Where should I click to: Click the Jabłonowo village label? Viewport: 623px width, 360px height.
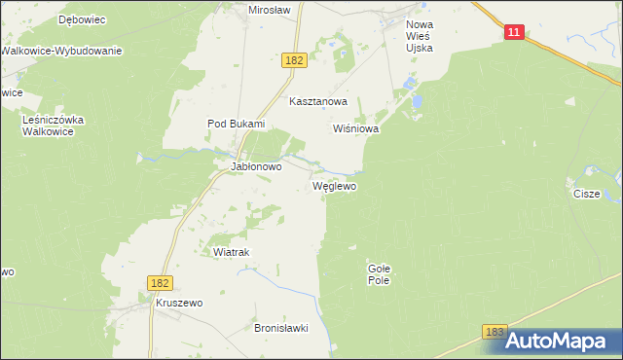(x=255, y=166)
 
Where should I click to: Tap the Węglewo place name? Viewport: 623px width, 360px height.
(x=334, y=185)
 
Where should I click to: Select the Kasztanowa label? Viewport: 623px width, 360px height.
(x=318, y=101)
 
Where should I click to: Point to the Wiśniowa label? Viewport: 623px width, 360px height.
(x=355, y=128)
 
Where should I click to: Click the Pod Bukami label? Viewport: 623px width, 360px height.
(x=236, y=124)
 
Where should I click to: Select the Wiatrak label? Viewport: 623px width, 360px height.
(x=232, y=252)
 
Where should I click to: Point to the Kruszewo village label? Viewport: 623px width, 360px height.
(x=178, y=304)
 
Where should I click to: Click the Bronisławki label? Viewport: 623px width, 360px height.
(x=280, y=329)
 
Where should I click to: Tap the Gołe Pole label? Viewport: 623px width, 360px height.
(x=379, y=273)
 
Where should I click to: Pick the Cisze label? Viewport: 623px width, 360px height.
(x=586, y=194)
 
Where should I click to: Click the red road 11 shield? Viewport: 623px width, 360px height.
(x=515, y=33)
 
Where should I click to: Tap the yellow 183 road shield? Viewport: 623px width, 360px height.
(x=495, y=333)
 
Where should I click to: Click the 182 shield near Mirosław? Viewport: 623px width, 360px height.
(x=296, y=60)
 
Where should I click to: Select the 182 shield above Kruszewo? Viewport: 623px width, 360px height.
(x=162, y=282)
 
